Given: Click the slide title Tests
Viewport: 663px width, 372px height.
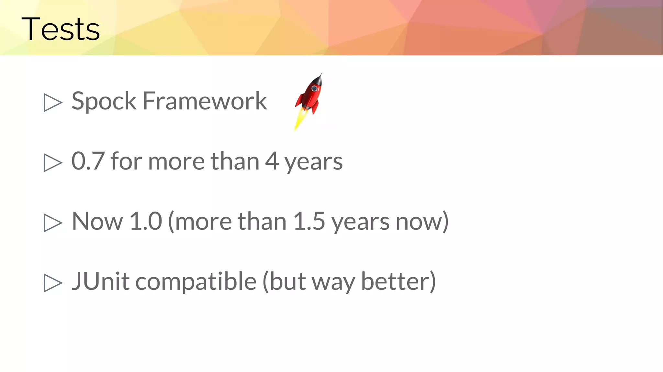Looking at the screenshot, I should click(61, 29).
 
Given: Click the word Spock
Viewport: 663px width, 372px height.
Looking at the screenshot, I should click(104, 101).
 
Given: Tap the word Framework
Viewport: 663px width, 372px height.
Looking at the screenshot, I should click(205, 101).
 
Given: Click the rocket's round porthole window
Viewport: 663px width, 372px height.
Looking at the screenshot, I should click(314, 88).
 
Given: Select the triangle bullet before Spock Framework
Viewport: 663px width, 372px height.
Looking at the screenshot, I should click(52, 103).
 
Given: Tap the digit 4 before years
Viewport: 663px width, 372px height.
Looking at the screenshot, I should click(272, 161).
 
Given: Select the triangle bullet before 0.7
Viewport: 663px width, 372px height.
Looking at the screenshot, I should click(52, 163).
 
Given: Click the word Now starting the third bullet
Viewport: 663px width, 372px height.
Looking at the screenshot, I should click(97, 221).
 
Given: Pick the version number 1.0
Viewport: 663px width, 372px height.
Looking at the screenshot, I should click(145, 221).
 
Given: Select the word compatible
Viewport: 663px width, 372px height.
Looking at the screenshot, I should click(196, 282).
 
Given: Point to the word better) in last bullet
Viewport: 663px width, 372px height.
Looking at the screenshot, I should click(398, 281).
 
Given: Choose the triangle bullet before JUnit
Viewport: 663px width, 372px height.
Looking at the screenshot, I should click(52, 283).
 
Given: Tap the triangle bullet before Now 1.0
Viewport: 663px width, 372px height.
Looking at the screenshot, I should click(52, 223).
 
